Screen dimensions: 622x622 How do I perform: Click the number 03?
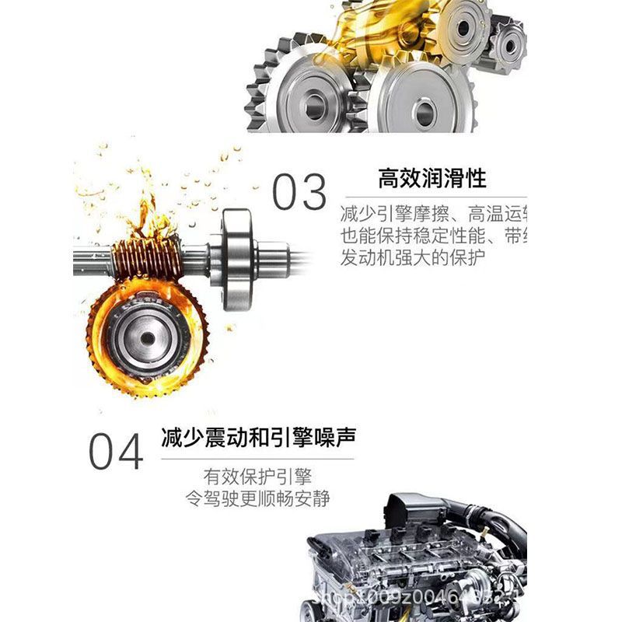pyautogui.click(x=299, y=192)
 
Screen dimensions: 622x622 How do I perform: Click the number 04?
pyautogui.click(x=116, y=452)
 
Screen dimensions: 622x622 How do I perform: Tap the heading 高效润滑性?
pyautogui.click(x=432, y=178)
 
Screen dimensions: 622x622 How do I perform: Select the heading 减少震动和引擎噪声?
pyautogui.click(x=258, y=436)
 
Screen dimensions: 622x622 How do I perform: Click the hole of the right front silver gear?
pyautogui.click(x=425, y=113)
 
